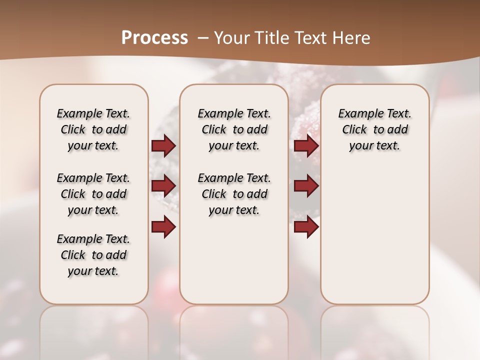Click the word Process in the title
click(x=154, y=37)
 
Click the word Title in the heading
click(x=268, y=37)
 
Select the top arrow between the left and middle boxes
click(x=163, y=145)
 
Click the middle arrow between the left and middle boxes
click(x=163, y=186)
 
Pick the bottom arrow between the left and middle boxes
click(x=163, y=226)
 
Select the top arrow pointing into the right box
click(x=306, y=145)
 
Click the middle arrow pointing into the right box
click(x=306, y=186)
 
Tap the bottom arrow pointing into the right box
click(x=306, y=226)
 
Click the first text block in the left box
click(x=93, y=129)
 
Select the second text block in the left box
click(x=93, y=194)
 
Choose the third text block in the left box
click(x=93, y=255)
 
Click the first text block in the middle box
click(x=234, y=129)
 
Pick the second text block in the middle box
click(x=234, y=194)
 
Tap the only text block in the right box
click(x=374, y=129)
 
